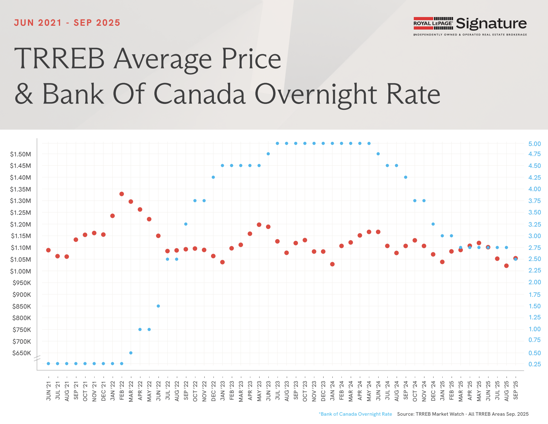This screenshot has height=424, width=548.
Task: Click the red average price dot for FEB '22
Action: [x=122, y=194]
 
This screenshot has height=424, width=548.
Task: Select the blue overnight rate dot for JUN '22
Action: [x=158, y=306]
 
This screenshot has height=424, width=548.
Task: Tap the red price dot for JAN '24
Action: [x=332, y=264]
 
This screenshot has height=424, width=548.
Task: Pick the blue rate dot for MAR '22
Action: [x=131, y=353]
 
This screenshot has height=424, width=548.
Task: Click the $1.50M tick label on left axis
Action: [x=21, y=154]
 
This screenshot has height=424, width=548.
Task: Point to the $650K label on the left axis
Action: [x=22, y=353]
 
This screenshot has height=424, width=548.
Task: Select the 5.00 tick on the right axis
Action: [x=534, y=144]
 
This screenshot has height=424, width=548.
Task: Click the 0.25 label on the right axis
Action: [x=534, y=364]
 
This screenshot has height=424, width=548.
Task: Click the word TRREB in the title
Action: [x=59, y=58]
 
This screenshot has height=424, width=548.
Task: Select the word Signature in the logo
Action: [x=491, y=24]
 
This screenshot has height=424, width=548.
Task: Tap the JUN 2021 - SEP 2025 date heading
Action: [x=67, y=23]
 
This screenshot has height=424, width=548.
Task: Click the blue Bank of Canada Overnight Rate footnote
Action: [x=355, y=414]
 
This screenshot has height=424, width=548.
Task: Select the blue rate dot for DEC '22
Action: [x=213, y=177]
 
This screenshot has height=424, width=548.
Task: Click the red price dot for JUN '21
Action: [x=48, y=250]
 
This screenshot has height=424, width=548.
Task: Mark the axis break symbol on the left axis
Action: [x=37, y=358]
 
